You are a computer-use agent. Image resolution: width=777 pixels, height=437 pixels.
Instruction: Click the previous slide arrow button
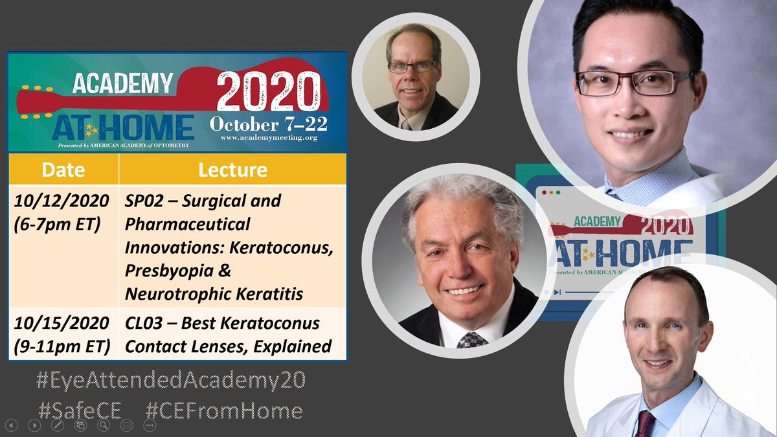click(11, 425)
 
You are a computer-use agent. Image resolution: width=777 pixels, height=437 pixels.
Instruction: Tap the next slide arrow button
click(34, 425)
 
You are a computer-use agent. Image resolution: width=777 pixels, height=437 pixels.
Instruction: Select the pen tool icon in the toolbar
click(58, 425)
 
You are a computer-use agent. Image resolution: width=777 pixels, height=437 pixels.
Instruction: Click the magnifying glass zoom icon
click(104, 425)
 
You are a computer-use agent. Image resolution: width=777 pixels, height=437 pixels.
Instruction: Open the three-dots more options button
click(150, 425)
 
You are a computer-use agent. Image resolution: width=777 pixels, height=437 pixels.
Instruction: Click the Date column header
click(63, 170)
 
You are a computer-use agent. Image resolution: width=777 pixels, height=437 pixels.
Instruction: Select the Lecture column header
click(232, 170)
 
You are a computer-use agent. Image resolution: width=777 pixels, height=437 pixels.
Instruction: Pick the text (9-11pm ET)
click(63, 346)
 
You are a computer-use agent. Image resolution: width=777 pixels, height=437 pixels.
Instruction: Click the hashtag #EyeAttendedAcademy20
click(170, 381)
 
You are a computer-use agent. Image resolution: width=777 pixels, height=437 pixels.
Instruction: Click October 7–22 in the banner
click(267, 123)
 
